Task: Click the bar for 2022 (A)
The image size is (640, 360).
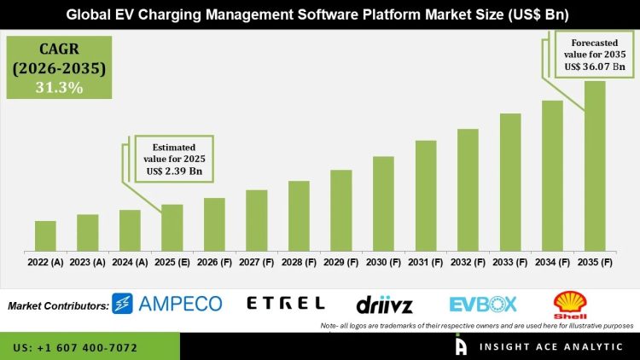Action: [x=45, y=236]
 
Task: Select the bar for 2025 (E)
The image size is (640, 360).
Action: [x=172, y=228]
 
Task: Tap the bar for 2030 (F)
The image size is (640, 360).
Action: [x=383, y=204]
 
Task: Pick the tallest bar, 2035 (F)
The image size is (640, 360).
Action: [x=595, y=166]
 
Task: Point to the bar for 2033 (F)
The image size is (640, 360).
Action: [x=510, y=183]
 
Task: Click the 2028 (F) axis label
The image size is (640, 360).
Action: [x=298, y=264]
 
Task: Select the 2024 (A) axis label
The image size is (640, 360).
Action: [x=129, y=264]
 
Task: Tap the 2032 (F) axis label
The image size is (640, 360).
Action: [x=468, y=264]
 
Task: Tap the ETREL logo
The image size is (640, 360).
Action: [x=285, y=303]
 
